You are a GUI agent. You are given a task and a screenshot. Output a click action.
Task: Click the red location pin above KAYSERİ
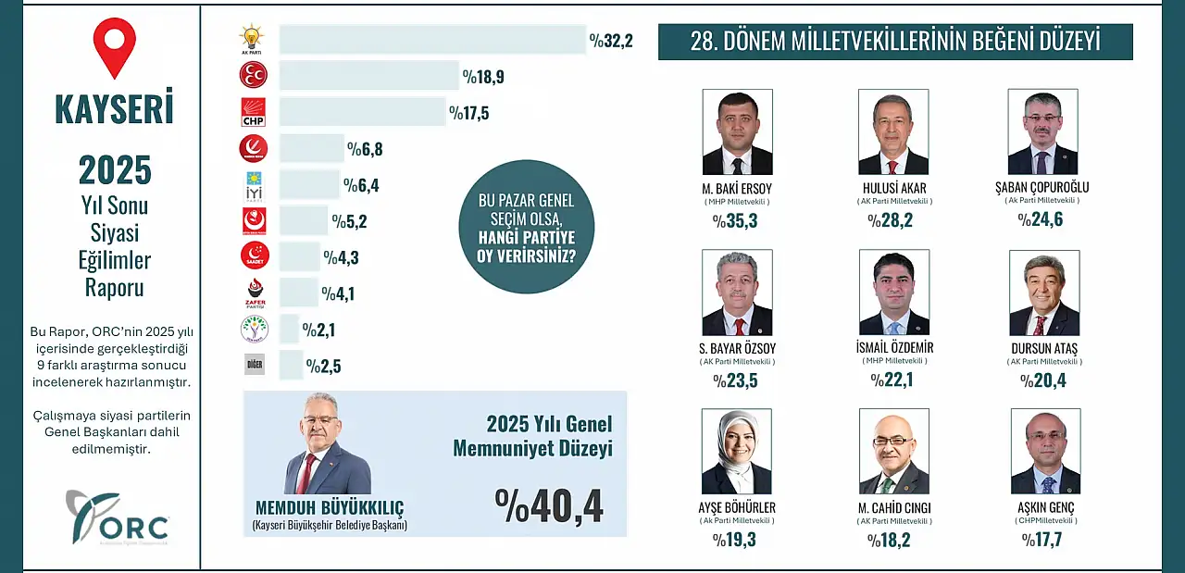pyautogui.click(x=114, y=46)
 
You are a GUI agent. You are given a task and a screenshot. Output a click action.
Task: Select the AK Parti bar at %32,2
pyautogui.click(x=432, y=39)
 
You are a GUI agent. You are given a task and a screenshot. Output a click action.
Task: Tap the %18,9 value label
pyautogui.click(x=484, y=75)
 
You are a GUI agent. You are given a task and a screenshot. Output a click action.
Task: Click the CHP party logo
pyautogui.click(x=254, y=112)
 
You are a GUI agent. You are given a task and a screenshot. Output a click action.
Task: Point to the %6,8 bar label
pyautogui.click(x=365, y=148)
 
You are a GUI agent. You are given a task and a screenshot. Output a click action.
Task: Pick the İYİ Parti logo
pyautogui.click(x=254, y=185)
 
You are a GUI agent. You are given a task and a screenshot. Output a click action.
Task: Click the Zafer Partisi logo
pyautogui.click(x=254, y=293)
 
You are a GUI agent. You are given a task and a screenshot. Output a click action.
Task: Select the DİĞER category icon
pyautogui.click(x=254, y=365)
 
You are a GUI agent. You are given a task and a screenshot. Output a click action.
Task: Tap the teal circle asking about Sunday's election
pyautogui.click(x=527, y=227)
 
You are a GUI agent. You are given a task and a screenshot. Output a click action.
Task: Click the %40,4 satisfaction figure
pyautogui.click(x=549, y=505)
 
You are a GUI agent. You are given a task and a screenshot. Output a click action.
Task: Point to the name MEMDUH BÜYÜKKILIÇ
pyautogui.click(x=330, y=508)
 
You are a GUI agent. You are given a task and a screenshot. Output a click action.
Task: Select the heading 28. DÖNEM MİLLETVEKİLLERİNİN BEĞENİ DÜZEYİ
pyautogui.click(x=895, y=42)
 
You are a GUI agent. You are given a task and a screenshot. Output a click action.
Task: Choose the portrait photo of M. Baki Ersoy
pyautogui.click(x=737, y=131)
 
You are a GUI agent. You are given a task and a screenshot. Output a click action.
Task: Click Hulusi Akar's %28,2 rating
pyautogui.click(x=891, y=220)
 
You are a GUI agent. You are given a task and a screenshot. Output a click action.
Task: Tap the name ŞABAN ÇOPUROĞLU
pyautogui.click(x=1042, y=188)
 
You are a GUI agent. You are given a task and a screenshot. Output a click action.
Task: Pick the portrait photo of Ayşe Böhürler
pyautogui.click(x=737, y=452)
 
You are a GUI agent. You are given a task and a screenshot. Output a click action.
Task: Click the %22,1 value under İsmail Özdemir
pyautogui.click(x=891, y=380)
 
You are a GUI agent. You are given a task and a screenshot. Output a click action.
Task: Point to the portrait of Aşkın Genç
pyautogui.click(x=1045, y=452)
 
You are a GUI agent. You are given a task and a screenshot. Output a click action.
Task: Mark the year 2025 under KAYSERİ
pyautogui.click(x=115, y=170)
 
